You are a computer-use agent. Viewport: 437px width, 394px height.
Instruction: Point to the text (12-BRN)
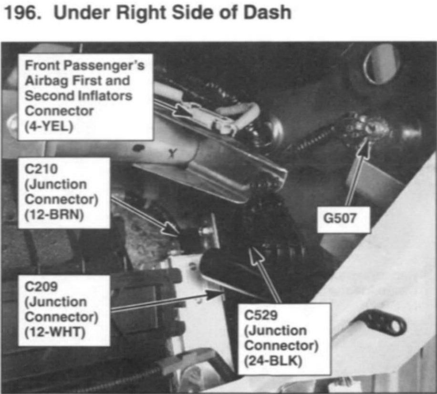coord(54,215)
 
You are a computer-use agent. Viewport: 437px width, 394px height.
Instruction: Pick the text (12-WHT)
coord(54,332)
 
